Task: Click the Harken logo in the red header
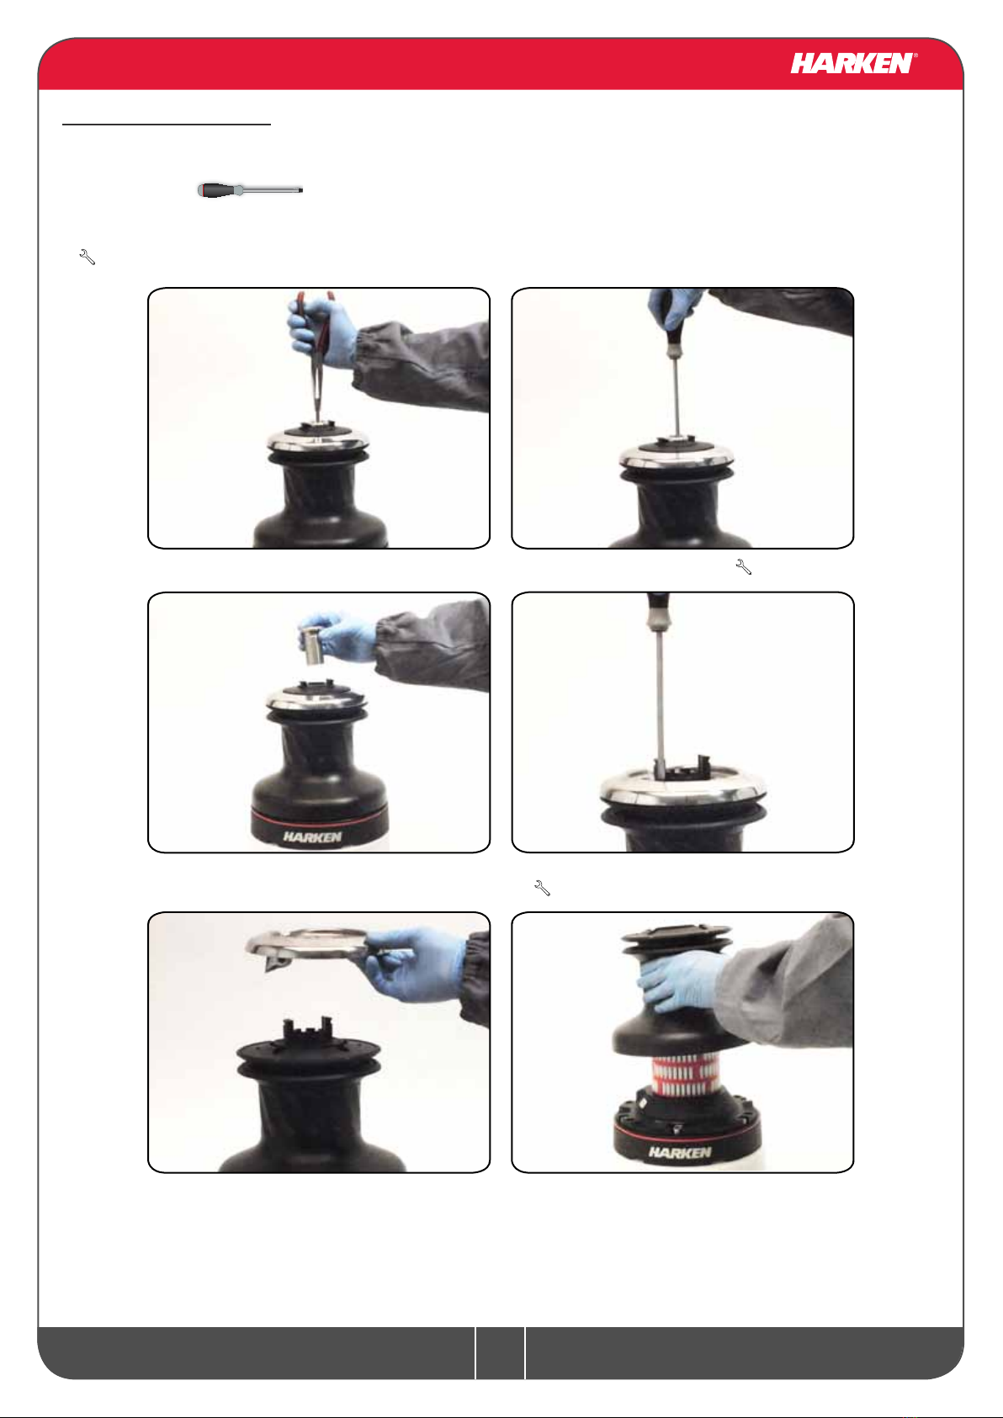click(x=853, y=63)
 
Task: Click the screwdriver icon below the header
click(x=250, y=190)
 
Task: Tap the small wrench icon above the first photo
click(x=88, y=257)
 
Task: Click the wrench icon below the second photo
click(x=744, y=567)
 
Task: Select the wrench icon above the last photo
click(x=543, y=888)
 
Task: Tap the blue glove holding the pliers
click(x=321, y=332)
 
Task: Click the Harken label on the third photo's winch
click(x=312, y=836)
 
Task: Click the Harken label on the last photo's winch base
click(x=679, y=1152)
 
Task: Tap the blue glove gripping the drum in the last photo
click(x=683, y=981)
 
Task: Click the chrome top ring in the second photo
click(x=677, y=455)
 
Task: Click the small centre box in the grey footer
click(x=500, y=1353)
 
